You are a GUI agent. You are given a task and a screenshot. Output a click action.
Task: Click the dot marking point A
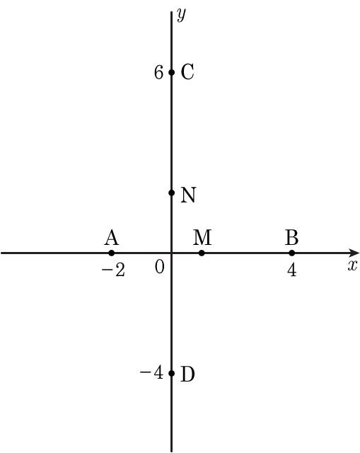[112, 253]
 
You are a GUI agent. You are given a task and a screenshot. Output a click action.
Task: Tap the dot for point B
[292, 253]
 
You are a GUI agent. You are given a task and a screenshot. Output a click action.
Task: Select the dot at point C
[171, 72]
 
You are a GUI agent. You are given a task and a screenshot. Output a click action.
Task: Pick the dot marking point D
[171, 373]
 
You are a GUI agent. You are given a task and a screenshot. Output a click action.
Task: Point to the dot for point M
[202, 253]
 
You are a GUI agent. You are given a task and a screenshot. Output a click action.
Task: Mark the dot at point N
[171, 193]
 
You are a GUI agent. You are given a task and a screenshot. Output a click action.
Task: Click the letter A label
[112, 238]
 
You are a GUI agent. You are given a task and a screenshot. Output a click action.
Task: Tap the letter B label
[292, 237]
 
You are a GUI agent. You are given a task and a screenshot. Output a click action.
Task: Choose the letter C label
[187, 72]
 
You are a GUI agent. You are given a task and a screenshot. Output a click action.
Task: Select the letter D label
[187, 374]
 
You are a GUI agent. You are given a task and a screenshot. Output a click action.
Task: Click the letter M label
[202, 237]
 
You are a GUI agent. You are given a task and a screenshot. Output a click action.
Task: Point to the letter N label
[188, 195]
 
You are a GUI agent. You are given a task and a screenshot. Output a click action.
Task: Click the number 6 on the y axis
[158, 72]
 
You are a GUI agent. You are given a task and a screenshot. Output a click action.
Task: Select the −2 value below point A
[113, 271]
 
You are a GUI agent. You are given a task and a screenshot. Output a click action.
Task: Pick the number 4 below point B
[292, 271]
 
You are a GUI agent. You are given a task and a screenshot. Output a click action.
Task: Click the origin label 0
[160, 267]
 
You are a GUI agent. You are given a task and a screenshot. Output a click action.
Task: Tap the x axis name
[352, 265]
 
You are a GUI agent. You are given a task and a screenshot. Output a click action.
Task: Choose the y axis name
[181, 15]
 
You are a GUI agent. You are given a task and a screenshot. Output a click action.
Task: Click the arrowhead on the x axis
[354, 253]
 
